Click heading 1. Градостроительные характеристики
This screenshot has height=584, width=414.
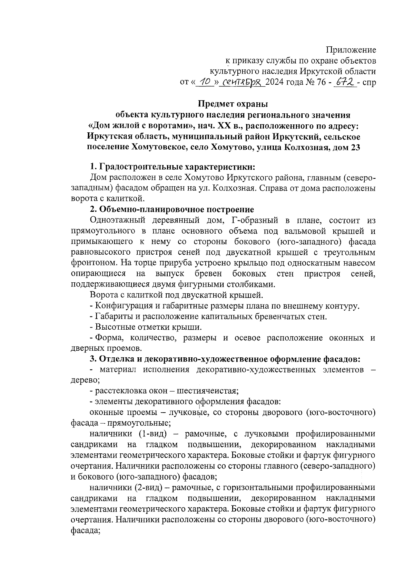[x=172, y=167]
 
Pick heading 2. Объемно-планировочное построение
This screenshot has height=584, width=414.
[x=172, y=209]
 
